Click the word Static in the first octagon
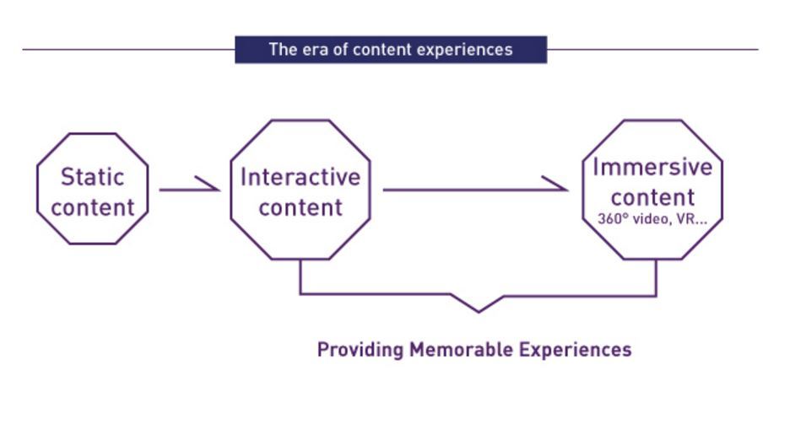[92, 177]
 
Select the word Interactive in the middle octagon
[300, 177]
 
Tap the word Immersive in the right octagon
[652, 167]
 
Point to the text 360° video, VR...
[652, 218]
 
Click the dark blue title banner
[391, 49]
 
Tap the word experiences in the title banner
[468, 50]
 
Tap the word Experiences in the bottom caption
[575, 350]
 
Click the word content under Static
[92, 207]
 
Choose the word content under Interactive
[300, 207]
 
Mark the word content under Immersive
[652, 197]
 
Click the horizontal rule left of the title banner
[127, 50]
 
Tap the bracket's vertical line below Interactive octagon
[300, 277]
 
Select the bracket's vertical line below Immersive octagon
[656, 277]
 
